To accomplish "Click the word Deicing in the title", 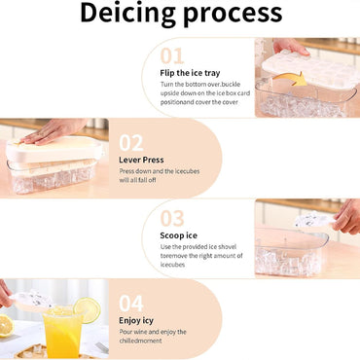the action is click(x=129, y=14).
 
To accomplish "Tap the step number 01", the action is click(x=172, y=55).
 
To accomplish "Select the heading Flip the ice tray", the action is click(x=190, y=73).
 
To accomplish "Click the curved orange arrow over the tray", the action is click(x=290, y=79).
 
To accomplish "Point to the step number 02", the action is click(x=131, y=143).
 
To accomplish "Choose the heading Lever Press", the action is click(x=141, y=160).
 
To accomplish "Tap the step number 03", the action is click(x=172, y=218).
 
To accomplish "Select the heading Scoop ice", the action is click(x=178, y=235).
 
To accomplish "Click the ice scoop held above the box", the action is click(x=314, y=219).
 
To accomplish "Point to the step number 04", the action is click(x=131, y=304).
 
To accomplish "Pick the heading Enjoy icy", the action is click(x=136, y=321).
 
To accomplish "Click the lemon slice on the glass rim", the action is click(x=87, y=310).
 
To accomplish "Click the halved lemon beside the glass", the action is click(x=7, y=325).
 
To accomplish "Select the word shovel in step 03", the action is click(x=227, y=247).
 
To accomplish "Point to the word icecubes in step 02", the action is click(x=187, y=171).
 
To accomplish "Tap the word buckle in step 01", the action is click(x=231, y=85).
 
